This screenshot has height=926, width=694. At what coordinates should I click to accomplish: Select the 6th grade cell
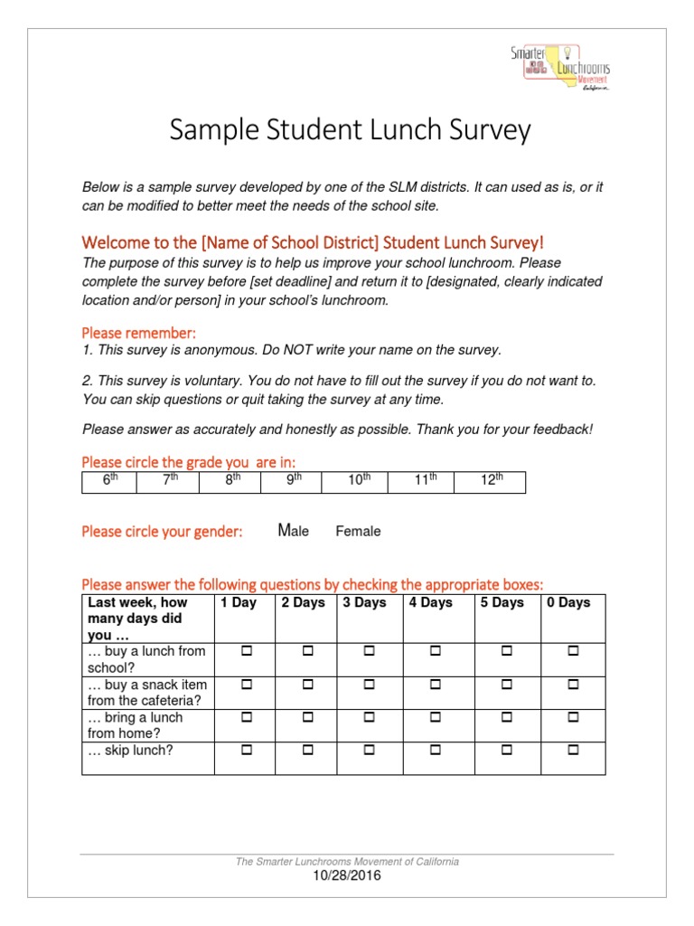click(109, 481)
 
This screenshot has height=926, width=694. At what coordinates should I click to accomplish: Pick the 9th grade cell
click(294, 481)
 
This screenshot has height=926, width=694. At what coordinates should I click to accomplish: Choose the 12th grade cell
click(491, 481)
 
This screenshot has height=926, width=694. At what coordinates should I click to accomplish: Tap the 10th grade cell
click(359, 481)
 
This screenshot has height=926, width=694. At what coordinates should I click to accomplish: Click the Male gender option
click(294, 531)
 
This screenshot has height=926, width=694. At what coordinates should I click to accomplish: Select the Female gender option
click(358, 532)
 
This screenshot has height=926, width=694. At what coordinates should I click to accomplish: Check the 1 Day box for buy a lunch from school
click(244, 651)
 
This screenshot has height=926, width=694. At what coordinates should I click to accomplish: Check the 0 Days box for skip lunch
click(573, 751)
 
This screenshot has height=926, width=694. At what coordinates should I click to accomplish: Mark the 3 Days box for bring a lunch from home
click(368, 717)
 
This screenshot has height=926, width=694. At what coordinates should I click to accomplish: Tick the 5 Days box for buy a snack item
click(507, 685)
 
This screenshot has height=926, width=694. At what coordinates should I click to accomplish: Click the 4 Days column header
click(430, 603)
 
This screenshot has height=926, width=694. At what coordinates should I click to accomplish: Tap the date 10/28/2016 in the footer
click(346, 875)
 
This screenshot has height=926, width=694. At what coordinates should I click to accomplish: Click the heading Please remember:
click(138, 333)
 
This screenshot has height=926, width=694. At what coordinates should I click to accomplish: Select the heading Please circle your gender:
click(162, 532)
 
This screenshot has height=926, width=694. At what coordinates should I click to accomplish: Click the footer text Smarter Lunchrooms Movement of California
click(346, 862)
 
